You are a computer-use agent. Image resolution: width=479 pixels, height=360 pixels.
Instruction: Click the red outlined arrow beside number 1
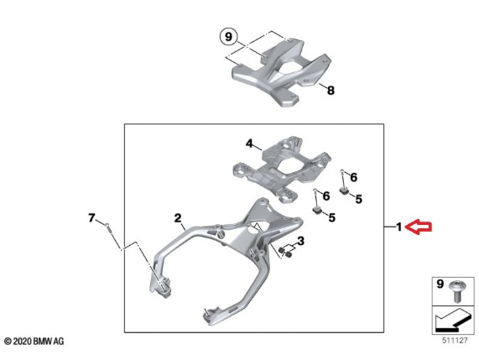[x=419, y=227]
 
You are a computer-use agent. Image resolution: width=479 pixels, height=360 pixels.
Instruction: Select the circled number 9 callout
[x=228, y=37]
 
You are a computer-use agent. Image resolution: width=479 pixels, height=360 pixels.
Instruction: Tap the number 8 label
[x=331, y=91]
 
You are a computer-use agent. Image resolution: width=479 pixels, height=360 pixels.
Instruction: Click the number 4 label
[x=250, y=143]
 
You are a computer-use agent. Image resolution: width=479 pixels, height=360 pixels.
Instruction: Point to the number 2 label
[x=178, y=218]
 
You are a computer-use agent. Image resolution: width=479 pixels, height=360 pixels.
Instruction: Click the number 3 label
[x=301, y=241]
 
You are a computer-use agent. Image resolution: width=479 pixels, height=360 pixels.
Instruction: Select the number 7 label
[x=91, y=218]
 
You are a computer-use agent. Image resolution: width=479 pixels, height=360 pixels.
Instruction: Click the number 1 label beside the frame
[x=399, y=227]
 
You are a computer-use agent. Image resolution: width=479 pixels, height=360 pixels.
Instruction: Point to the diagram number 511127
[x=455, y=341]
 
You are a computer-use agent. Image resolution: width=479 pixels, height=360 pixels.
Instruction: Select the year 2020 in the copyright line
[x=23, y=341]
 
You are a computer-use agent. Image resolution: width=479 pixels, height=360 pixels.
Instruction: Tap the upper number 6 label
[x=353, y=177]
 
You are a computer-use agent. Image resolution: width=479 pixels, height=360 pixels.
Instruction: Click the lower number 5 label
[x=331, y=217]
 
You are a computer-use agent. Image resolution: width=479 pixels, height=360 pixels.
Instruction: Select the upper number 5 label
[x=359, y=199]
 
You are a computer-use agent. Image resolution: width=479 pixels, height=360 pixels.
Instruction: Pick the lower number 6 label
[x=326, y=196]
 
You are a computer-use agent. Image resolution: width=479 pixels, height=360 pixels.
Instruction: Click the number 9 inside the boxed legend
[x=440, y=284]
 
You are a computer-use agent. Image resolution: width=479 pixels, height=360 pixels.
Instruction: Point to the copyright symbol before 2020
[x=8, y=341]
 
